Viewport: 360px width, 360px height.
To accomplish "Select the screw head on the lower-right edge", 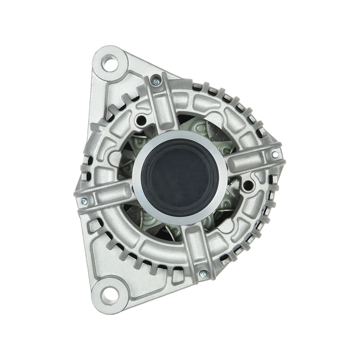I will point(203,273).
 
